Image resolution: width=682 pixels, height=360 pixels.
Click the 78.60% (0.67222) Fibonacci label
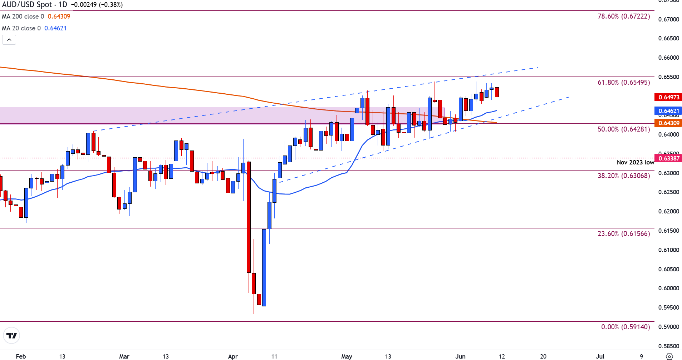point(624,16)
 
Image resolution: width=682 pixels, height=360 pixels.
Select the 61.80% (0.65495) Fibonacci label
point(624,83)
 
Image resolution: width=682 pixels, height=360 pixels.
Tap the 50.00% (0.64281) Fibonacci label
point(624,129)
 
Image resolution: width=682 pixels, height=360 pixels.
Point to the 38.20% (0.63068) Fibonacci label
point(624,176)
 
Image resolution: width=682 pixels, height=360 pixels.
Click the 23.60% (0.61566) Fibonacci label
point(624,234)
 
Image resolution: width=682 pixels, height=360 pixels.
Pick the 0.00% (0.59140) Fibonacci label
point(625,327)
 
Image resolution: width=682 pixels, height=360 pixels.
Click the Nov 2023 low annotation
point(635,163)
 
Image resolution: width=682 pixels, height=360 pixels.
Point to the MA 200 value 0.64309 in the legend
point(59,16)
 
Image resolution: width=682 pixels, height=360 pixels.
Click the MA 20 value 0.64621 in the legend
point(55,28)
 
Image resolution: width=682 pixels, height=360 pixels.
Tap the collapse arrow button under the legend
point(9,40)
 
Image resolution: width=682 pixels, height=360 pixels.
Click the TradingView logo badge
point(11,336)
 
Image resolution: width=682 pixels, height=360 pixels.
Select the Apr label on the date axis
point(233,356)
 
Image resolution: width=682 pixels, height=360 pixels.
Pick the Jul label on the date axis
point(600,356)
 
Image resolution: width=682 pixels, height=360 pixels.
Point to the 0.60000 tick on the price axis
point(668,289)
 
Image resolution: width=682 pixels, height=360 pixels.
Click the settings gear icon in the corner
point(669,356)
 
